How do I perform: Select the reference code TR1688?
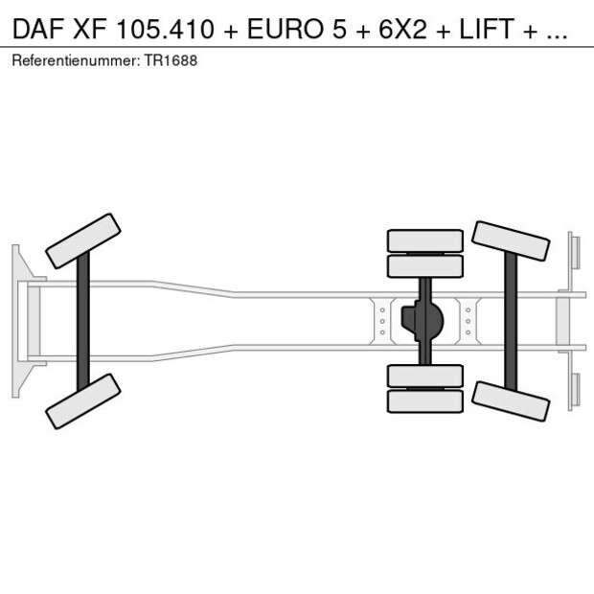(x=173, y=60)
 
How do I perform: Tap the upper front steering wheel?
(x=83, y=240)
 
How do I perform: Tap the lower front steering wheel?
(x=83, y=400)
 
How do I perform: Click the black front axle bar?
(x=83, y=321)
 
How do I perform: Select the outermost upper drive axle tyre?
(x=424, y=240)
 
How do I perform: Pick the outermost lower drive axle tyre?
(x=424, y=401)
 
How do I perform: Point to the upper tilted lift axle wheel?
(x=511, y=241)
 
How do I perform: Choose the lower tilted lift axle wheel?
(x=511, y=401)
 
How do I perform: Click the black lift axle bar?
(x=511, y=321)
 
